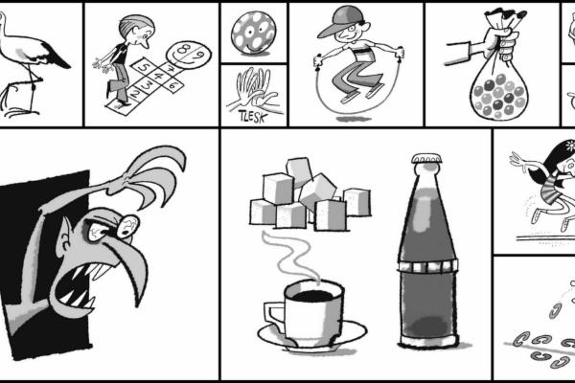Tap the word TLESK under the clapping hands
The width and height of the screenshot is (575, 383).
tap(252, 116)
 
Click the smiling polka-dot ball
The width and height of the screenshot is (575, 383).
tap(253, 33)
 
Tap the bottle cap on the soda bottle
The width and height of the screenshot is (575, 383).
tap(426, 159)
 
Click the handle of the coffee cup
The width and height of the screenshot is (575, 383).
tap(273, 316)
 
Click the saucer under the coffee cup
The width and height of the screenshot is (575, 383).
tap(312, 336)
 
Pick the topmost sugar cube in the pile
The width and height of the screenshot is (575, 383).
tap(300, 170)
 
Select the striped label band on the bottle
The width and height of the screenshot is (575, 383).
tap(428, 265)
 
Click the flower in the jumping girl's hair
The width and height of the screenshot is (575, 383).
tap(570, 146)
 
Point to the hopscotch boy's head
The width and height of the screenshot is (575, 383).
tap(136, 30)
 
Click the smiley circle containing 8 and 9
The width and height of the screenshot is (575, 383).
tap(189, 55)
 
